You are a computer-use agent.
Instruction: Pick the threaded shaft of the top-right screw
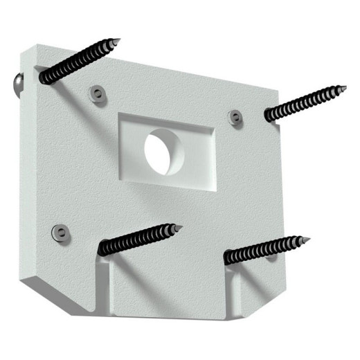(x=305, y=102)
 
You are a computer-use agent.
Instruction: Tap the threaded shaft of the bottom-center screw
(x=138, y=240)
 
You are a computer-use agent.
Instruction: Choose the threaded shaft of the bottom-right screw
(x=263, y=249)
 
